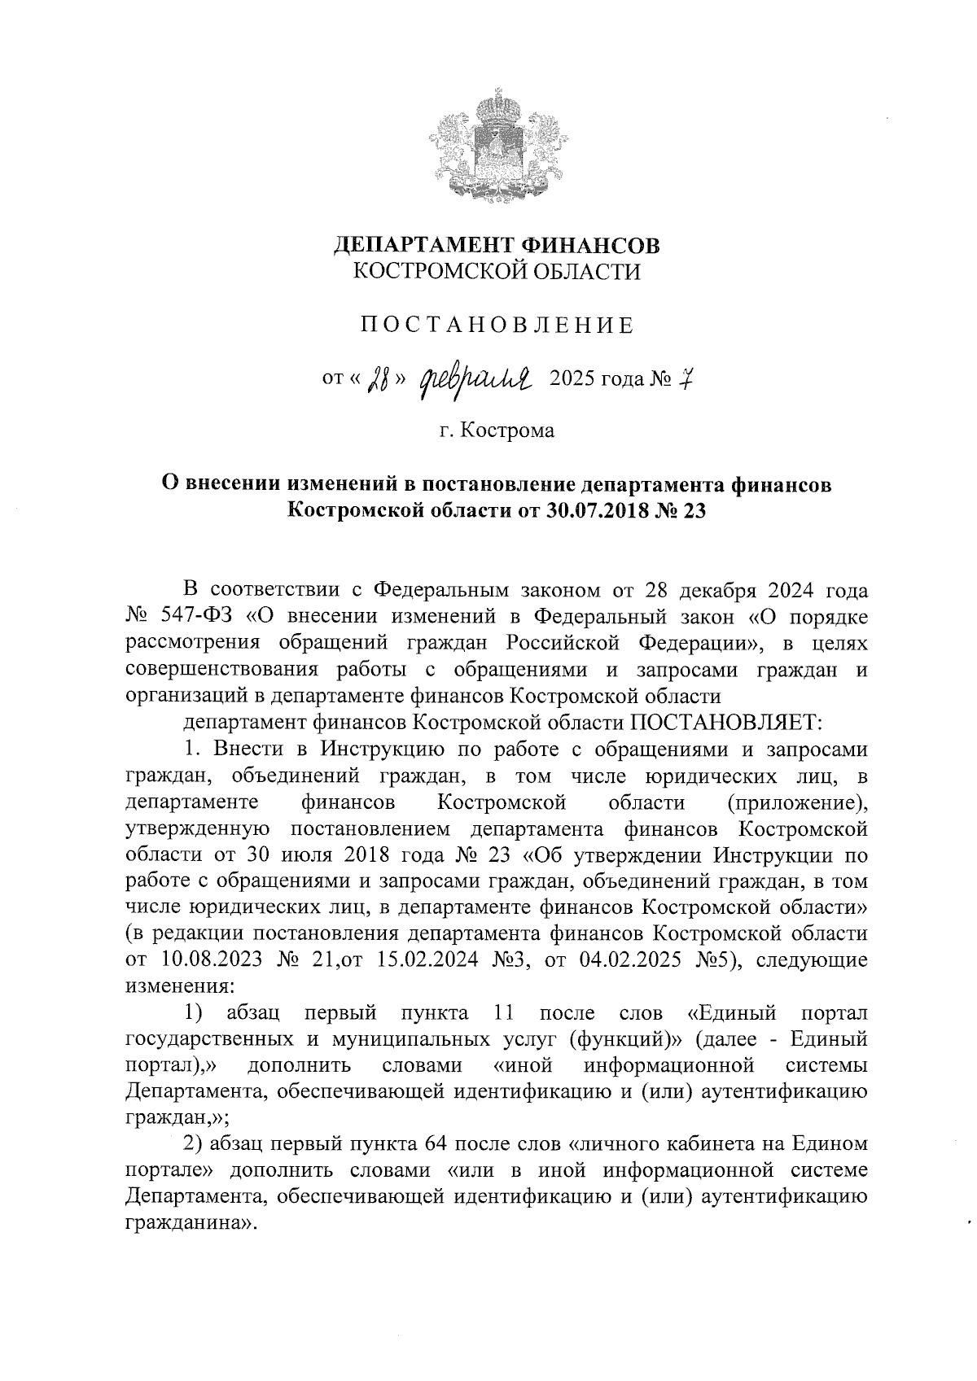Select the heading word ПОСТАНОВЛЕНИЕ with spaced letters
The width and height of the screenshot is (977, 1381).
(x=497, y=326)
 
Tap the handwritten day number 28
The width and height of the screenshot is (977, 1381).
(x=379, y=379)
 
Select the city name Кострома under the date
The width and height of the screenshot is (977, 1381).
(x=507, y=430)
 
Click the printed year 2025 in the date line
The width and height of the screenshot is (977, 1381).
(x=574, y=379)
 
